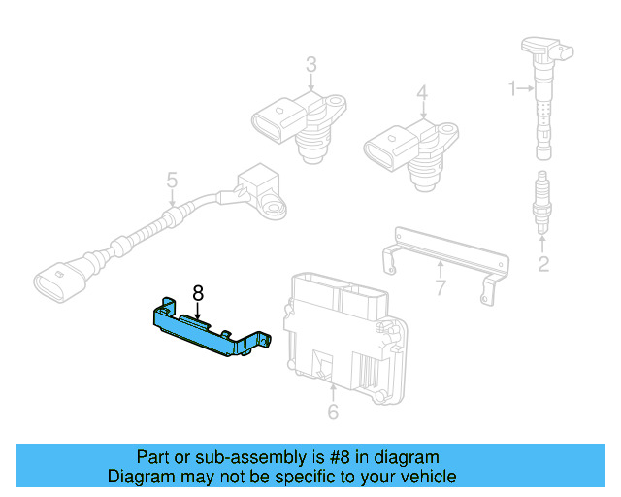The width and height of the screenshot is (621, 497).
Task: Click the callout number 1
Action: (512, 89)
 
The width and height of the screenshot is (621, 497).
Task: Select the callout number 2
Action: (543, 263)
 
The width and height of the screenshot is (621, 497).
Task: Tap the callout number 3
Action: (310, 65)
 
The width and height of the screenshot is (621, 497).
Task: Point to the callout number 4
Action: (422, 93)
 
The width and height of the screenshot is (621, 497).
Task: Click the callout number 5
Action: (172, 181)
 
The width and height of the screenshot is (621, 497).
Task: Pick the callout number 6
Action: (333, 413)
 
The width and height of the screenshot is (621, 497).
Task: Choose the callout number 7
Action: (440, 287)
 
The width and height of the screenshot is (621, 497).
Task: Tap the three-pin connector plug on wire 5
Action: (58, 277)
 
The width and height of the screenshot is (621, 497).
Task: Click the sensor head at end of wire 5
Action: (260, 189)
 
